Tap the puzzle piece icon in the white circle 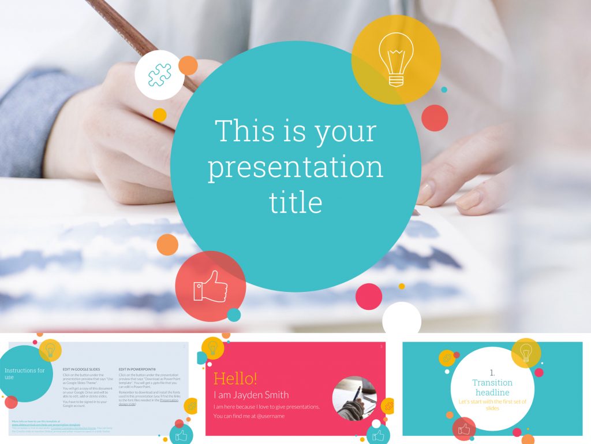pos(159,75)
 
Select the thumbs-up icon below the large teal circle pos(211,286)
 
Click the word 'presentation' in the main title pos(295,167)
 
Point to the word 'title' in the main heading pos(295,202)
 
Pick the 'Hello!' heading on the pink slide pos(235,379)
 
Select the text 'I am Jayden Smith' pos(251,395)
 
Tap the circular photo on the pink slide pos(354,398)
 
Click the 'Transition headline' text pos(492,387)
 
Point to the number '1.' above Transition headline pos(492,373)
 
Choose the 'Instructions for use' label pos(24,373)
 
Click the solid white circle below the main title pos(402,320)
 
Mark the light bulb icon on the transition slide pos(526,352)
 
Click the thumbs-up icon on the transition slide pos(464,429)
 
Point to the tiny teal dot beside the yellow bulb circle pos(444,90)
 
